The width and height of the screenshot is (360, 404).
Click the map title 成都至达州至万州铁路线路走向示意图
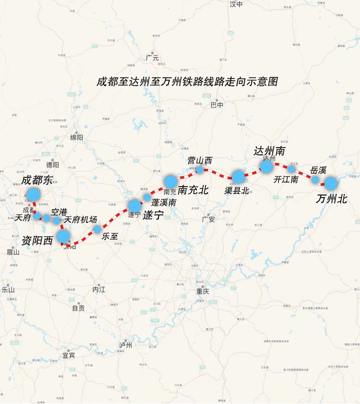click(187, 82)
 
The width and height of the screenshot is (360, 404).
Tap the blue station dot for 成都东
click(33, 194)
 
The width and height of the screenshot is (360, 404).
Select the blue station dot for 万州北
click(330, 183)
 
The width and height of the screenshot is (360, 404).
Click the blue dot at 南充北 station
click(170, 181)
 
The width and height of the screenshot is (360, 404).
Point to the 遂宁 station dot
click(134, 206)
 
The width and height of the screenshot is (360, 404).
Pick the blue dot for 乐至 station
click(97, 229)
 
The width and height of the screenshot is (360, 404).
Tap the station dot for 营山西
click(200, 170)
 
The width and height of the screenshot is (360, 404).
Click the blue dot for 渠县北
click(238, 176)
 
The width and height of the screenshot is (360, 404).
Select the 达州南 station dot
click(266, 166)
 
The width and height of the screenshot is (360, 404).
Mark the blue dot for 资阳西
click(63, 236)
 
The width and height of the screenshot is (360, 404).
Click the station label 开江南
click(285, 180)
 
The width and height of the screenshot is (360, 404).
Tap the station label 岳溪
click(318, 170)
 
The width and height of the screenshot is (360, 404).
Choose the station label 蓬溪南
click(163, 203)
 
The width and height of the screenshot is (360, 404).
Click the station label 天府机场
click(80, 220)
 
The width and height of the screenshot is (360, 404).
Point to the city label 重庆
click(202, 292)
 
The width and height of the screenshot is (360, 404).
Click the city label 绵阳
click(77, 137)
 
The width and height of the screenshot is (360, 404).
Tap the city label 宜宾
click(69, 355)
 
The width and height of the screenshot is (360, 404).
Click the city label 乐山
click(8, 290)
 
